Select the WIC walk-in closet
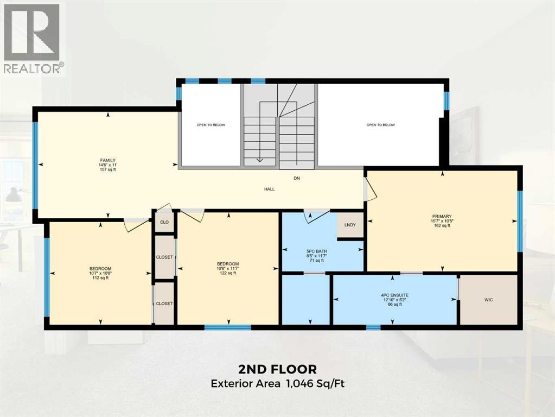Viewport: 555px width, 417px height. point(488,300)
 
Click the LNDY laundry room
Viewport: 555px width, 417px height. point(350,225)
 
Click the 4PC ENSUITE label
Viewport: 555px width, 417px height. point(394,295)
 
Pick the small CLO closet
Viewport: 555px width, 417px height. point(164,223)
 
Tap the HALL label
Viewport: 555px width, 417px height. point(270,189)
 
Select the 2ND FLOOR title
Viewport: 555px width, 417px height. point(277,369)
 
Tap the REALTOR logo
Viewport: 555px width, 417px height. point(33,38)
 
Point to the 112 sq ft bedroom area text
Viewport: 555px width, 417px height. point(100,278)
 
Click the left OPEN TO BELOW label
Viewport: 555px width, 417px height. point(210,125)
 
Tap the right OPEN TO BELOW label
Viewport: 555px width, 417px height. point(380,125)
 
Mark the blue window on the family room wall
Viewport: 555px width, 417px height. point(36,165)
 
